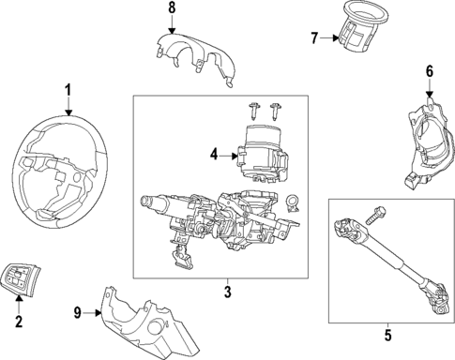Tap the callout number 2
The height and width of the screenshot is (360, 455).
[18, 323]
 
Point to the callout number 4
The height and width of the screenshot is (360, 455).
[215, 155]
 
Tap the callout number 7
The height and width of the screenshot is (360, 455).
[314, 38]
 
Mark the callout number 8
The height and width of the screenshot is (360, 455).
[171, 8]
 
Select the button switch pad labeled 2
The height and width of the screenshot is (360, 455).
[24, 277]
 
